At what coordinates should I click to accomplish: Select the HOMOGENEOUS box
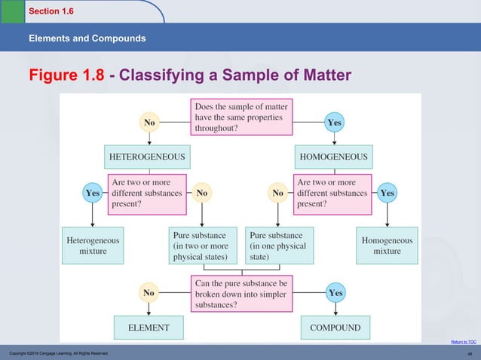(x=333, y=157)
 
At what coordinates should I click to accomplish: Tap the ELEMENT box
(x=147, y=328)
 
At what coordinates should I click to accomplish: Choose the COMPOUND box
(x=334, y=328)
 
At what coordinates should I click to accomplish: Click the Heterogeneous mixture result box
(x=93, y=246)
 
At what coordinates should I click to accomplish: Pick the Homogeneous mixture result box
(x=387, y=246)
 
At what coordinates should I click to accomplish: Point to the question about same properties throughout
(x=240, y=118)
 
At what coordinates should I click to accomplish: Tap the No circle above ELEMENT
(x=148, y=292)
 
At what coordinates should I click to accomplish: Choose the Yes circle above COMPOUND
(x=334, y=292)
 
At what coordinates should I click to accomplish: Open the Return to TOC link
(x=463, y=341)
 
